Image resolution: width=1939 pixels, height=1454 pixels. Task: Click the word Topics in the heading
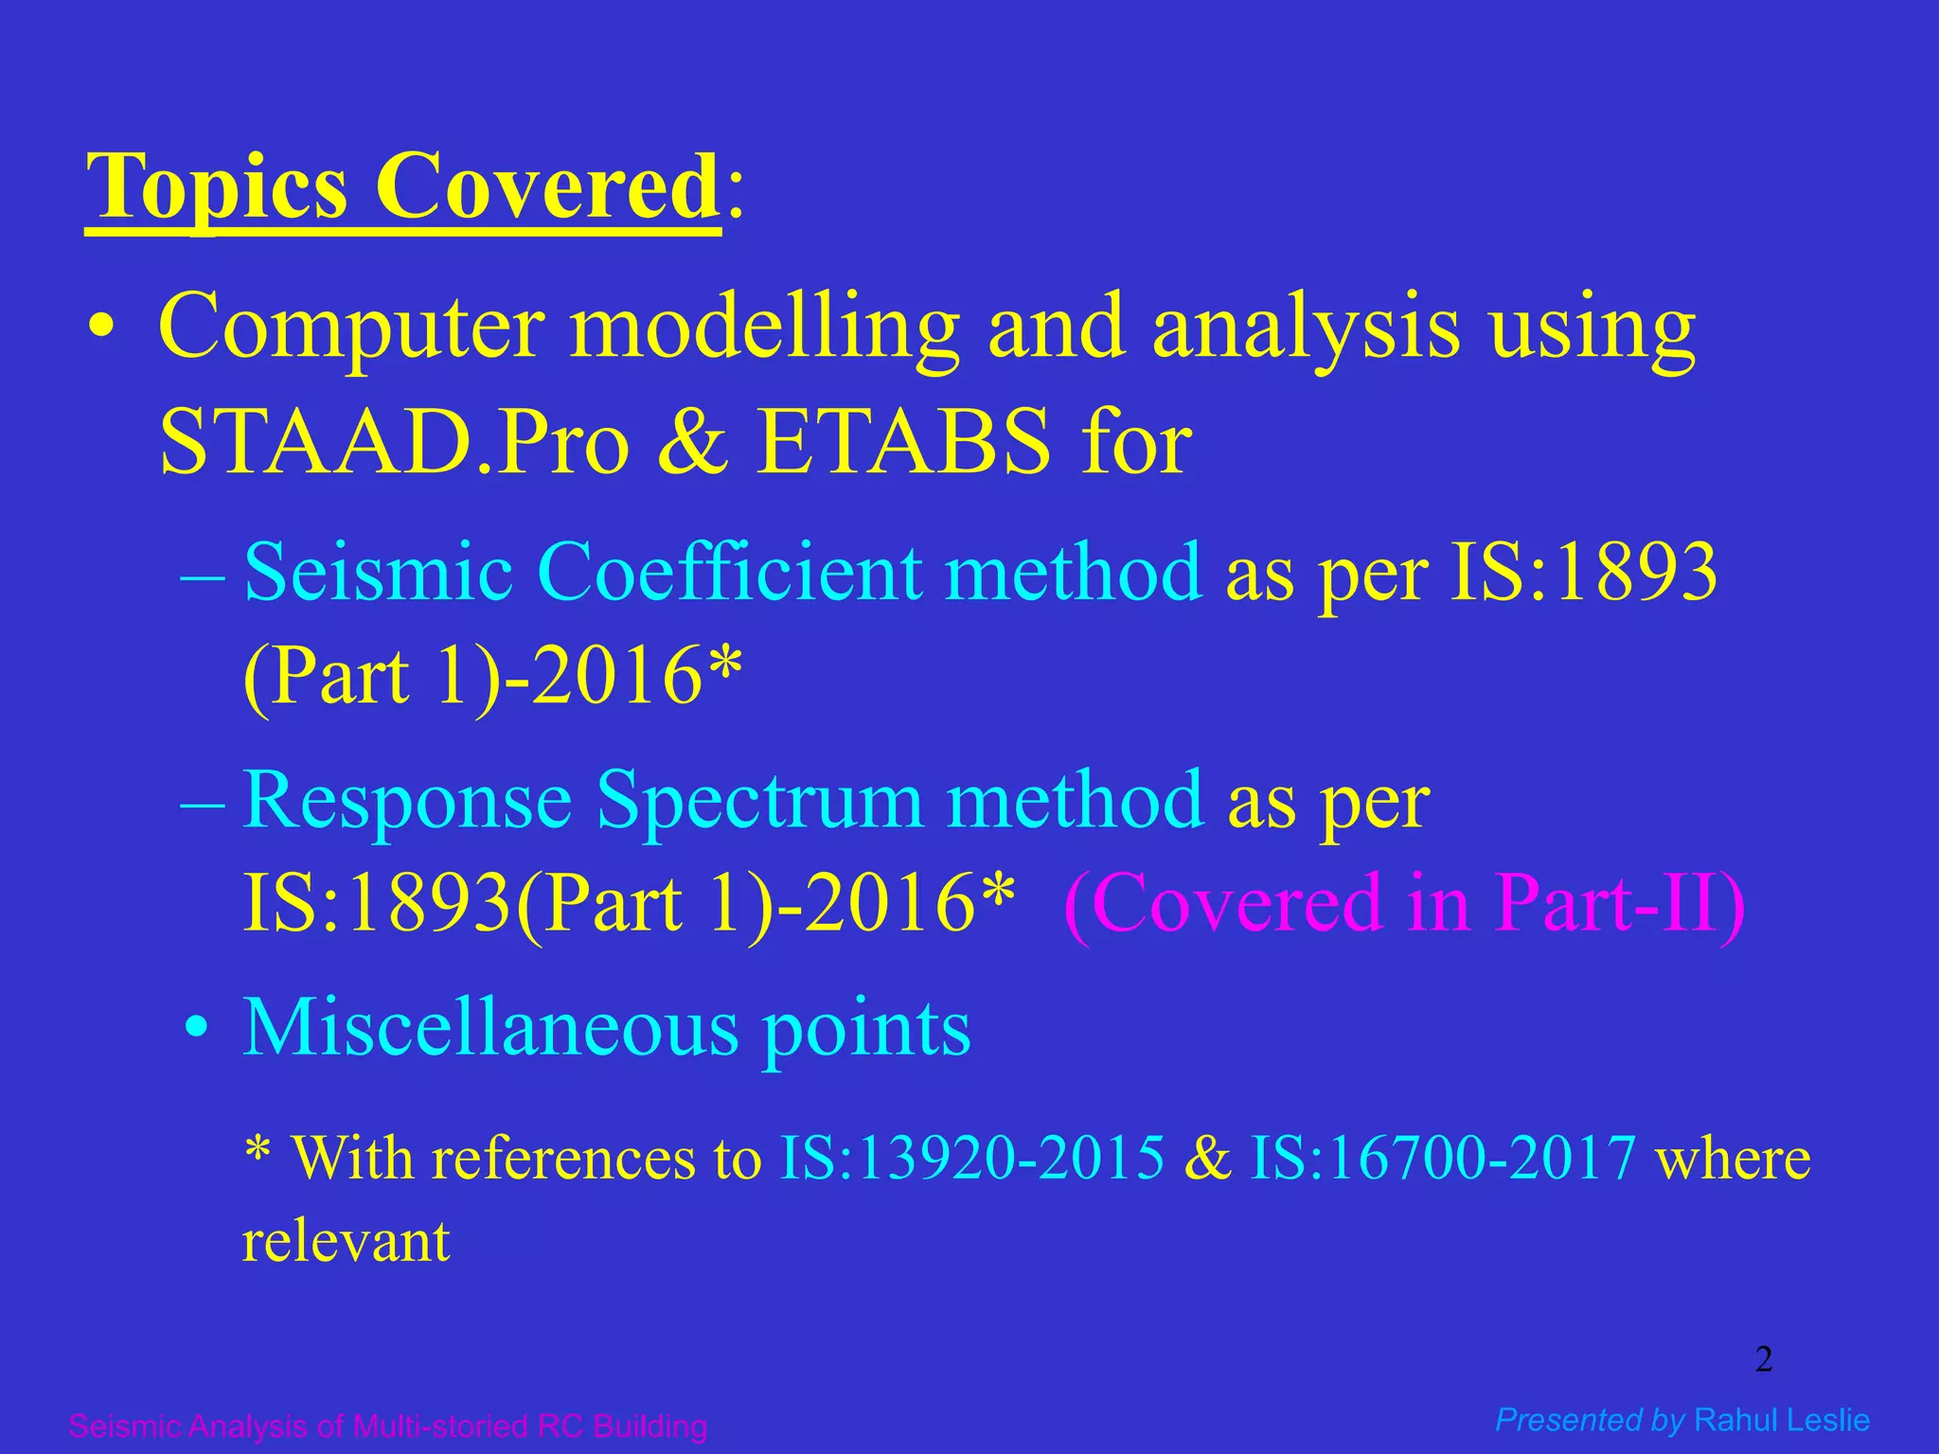217,186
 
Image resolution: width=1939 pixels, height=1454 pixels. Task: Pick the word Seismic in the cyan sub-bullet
378,572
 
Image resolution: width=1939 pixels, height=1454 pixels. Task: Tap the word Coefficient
730,572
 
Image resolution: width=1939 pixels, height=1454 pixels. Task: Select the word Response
407,801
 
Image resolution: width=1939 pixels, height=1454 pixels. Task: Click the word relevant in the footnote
346,1241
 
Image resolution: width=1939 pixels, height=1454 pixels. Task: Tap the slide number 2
1763,1359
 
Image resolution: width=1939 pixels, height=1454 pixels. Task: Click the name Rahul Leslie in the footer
1782,1420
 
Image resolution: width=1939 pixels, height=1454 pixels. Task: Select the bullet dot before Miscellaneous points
196,1029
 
